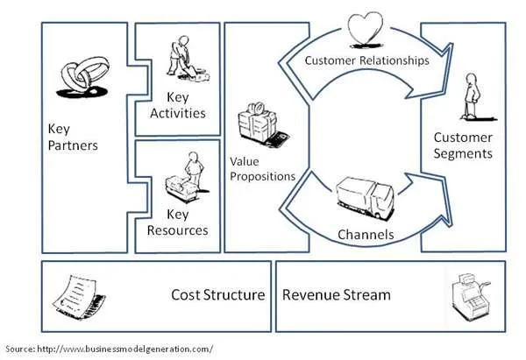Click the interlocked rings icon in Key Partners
pyautogui.click(x=82, y=78)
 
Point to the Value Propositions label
pyautogui.click(x=262, y=169)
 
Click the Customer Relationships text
pyautogui.click(x=366, y=60)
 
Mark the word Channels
pyautogui.click(x=365, y=235)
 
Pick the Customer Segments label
pyautogui.click(x=463, y=145)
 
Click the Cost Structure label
pyautogui.click(x=217, y=294)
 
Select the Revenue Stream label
pyautogui.click(x=337, y=294)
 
